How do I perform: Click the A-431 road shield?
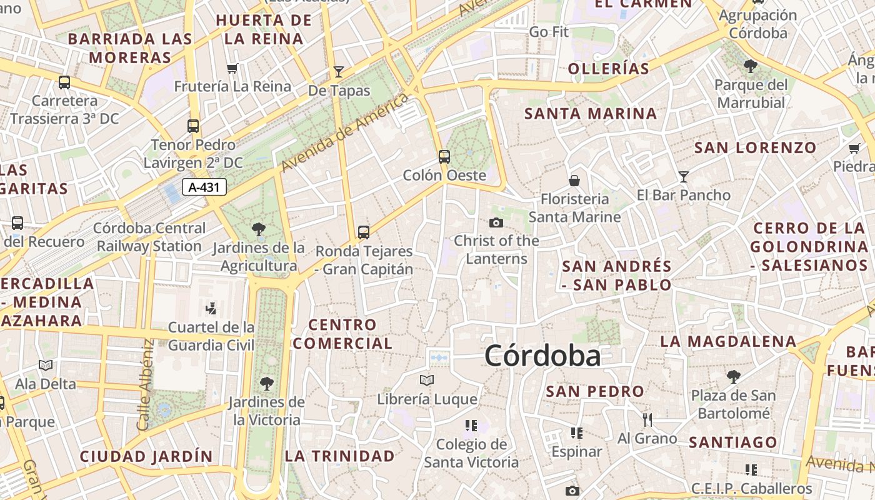[x=204, y=186]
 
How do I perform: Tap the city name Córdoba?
[x=542, y=356]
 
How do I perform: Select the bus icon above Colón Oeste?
[x=444, y=156]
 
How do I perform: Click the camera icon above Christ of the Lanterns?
[x=496, y=222]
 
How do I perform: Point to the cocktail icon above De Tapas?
[x=339, y=71]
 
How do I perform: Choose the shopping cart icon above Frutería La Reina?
[x=232, y=68]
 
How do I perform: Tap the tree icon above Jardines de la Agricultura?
[x=258, y=229]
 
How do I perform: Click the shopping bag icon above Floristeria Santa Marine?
[x=574, y=181]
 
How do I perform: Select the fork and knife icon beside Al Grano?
[x=647, y=419]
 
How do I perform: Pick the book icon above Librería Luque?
[x=427, y=380]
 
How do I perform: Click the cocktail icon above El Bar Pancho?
[x=684, y=176]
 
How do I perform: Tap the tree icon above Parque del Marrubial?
[x=751, y=66]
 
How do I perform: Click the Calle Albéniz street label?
[x=145, y=384]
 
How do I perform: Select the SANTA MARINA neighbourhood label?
[x=591, y=114]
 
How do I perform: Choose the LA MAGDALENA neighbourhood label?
[x=728, y=341]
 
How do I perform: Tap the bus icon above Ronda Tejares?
[x=364, y=232]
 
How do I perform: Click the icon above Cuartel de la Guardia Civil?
[x=211, y=307]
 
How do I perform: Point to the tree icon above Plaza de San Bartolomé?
[x=734, y=376]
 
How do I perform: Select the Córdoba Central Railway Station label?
[x=149, y=237]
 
